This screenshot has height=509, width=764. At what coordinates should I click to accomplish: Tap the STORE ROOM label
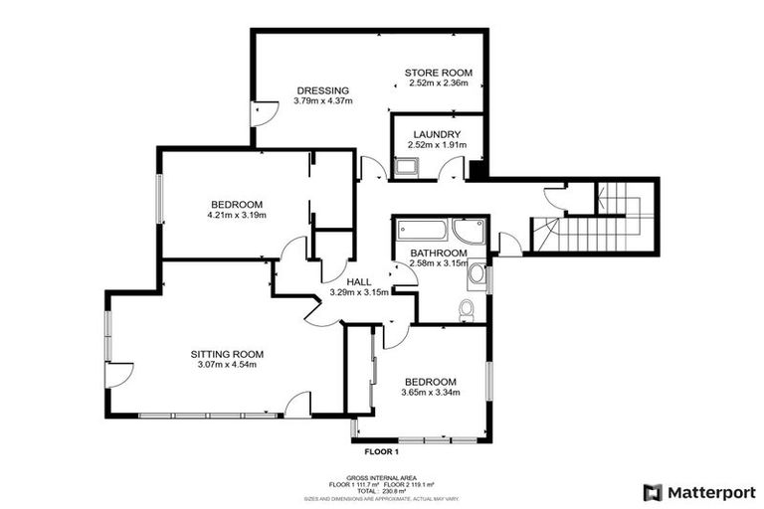(438, 73)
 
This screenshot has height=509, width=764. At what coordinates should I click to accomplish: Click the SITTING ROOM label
(227, 353)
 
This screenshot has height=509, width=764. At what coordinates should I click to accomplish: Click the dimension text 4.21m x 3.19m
(237, 215)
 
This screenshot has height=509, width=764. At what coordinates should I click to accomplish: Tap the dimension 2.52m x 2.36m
(438, 84)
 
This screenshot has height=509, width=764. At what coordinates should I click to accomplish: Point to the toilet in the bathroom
(466, 311)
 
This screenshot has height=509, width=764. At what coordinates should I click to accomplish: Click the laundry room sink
(405, 167)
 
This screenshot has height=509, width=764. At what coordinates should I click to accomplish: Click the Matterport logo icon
(652, 492)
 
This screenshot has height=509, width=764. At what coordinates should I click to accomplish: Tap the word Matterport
(711, 492)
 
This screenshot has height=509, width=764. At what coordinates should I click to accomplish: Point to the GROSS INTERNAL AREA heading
(381, 476)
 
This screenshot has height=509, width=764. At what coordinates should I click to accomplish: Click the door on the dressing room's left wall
(261, 114)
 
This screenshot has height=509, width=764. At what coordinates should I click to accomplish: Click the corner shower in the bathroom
(468, 232)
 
